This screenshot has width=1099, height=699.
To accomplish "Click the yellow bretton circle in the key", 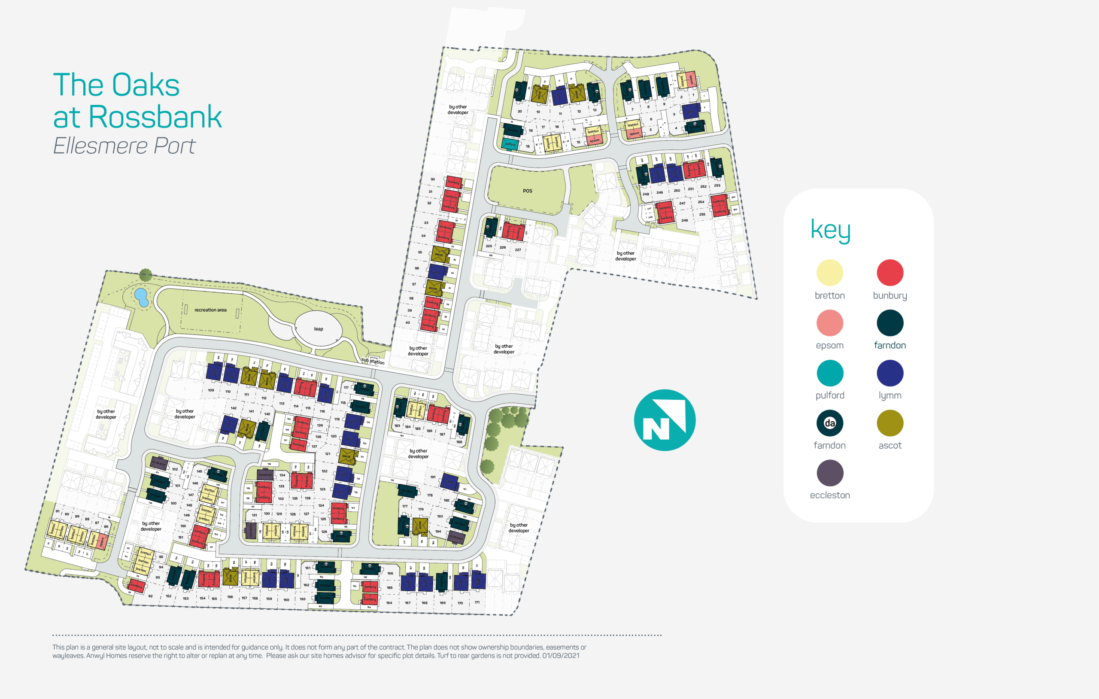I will coord(829,273).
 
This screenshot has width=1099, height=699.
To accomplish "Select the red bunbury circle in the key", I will coord(890,273).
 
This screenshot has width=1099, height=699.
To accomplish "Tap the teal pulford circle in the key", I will coord(829,373).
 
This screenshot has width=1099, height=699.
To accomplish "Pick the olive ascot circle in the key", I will coord(890,423).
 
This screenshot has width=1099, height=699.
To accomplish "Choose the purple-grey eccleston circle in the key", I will coord(829,473).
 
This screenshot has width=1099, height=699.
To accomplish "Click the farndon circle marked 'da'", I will coord(829,423).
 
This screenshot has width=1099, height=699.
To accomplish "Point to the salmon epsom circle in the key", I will coord(829,323).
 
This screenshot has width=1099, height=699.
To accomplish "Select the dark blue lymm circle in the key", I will coord(890,373).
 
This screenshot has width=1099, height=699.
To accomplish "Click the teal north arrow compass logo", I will coord(665,420).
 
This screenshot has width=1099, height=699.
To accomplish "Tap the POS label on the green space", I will coord(527,191).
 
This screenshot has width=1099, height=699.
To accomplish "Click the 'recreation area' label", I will coord(210,310).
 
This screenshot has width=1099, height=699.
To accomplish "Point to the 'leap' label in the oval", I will coord(319,329).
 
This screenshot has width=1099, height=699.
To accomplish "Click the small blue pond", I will coord(141,297).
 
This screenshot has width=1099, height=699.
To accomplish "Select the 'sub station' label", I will coord(373,361).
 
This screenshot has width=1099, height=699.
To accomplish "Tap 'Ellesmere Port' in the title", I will coord(124,146).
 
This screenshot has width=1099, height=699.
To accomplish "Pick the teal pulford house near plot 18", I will coord(510,144).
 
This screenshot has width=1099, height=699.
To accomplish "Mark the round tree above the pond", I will coord(146,274).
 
